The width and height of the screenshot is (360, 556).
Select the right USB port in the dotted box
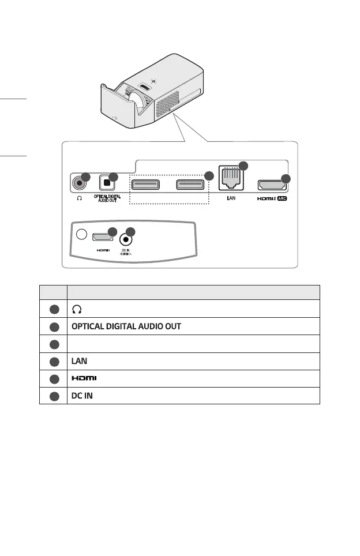coord(190,185)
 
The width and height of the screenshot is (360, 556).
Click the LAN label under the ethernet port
coord(230,202)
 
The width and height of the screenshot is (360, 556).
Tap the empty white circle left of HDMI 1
coord(81,235)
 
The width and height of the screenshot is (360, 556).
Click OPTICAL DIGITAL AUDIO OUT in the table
coord(126,326)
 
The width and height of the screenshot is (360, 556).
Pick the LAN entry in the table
coord(79,361)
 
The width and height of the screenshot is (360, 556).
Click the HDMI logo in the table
coord(84,378)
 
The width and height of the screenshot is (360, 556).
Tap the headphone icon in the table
coord(76,309)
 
